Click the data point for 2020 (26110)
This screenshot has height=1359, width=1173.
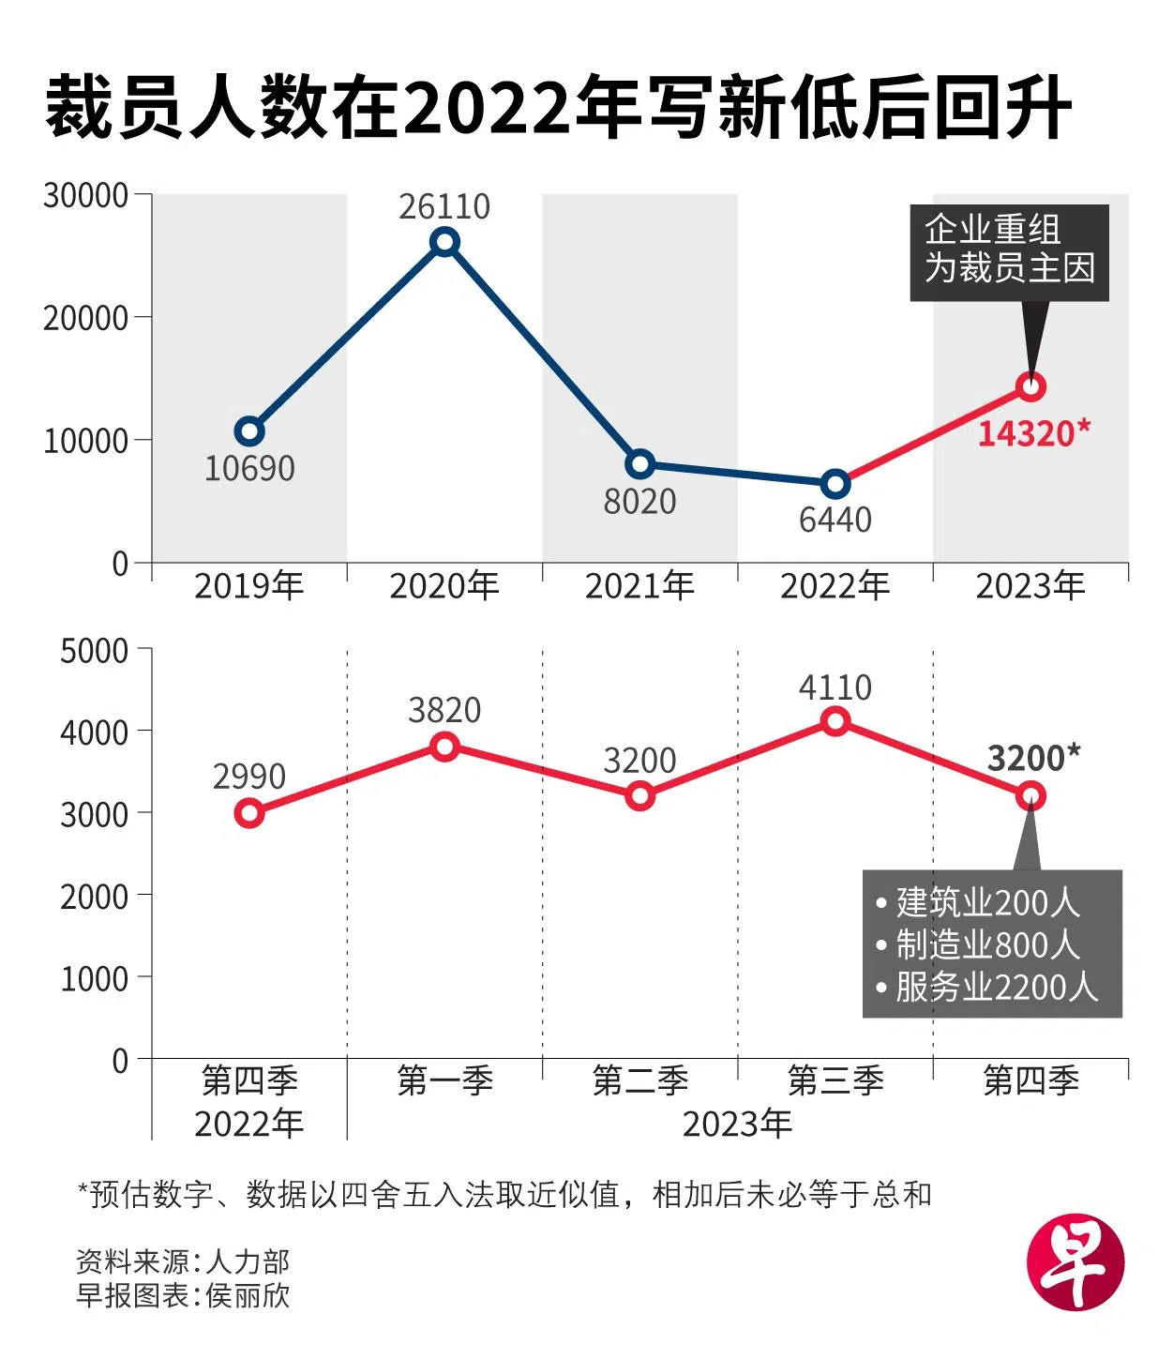pos(444,243)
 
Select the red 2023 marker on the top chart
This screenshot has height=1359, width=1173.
pos(1031,386)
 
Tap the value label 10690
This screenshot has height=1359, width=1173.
pos(249,468)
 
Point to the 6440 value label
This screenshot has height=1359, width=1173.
pos(835,519)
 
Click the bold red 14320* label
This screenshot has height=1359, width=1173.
pos(1033,433)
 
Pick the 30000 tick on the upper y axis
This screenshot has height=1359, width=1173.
pos(85,195)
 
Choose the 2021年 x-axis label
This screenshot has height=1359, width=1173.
pos(639,586)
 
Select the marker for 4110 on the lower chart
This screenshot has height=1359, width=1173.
pos(835,721)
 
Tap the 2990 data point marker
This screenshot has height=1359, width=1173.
pos(249,812)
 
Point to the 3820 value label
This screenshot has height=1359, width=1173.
pos(444,710)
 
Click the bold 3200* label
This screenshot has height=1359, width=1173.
pos(1033,757)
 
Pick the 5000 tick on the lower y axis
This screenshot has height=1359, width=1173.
pos(94,651)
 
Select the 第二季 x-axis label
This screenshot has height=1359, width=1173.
pos(639,1080)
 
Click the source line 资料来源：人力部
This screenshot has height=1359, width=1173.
pos(183,1261)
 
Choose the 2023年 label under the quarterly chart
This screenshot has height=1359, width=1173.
pos(737,1123)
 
